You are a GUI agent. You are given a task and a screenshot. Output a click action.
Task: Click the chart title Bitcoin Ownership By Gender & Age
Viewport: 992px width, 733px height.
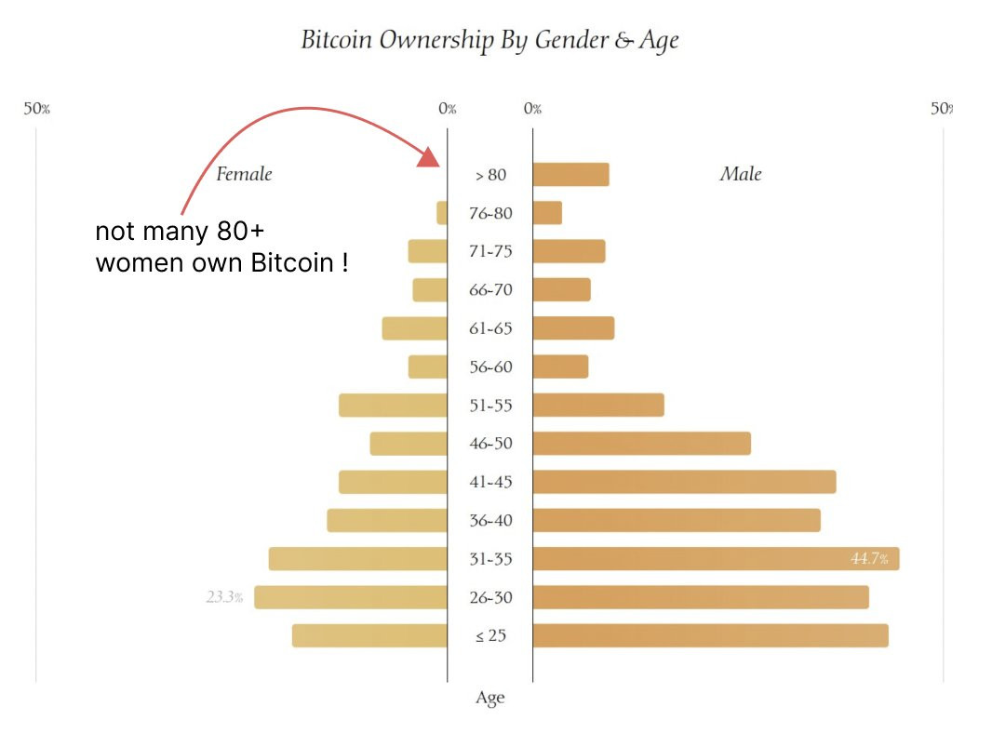489,41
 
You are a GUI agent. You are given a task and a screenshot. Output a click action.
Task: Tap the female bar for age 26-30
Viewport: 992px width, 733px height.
351,597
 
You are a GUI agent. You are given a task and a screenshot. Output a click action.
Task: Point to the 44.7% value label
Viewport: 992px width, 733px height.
868,559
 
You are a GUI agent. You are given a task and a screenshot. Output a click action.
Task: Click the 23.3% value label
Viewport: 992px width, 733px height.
224,597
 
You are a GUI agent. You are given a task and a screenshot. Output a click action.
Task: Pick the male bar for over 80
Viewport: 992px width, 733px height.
570,175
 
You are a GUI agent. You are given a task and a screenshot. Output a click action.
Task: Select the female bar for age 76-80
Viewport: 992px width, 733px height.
442,213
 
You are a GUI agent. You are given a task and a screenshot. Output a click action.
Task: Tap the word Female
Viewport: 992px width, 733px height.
244,174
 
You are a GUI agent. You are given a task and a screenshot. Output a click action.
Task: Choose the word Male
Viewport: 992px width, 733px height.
741,174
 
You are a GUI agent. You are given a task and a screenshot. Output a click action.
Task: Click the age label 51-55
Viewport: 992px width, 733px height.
490,406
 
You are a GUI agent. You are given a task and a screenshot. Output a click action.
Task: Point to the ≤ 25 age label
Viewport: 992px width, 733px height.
490,636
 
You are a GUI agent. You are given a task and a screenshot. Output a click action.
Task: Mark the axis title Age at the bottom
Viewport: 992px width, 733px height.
490,698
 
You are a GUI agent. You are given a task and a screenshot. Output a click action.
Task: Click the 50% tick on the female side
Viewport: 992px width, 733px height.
36,109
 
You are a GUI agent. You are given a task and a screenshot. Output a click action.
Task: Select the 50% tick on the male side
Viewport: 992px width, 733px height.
941,109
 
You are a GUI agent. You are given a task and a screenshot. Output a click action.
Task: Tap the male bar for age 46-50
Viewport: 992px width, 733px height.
641,444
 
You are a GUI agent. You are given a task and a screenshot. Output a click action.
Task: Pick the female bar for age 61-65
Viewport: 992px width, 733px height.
415,328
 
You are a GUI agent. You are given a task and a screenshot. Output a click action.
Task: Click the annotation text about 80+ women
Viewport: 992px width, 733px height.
221,247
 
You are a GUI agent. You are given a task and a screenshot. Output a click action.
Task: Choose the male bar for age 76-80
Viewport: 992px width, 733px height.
547,213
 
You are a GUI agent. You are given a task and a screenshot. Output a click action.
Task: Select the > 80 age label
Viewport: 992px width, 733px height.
490,175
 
